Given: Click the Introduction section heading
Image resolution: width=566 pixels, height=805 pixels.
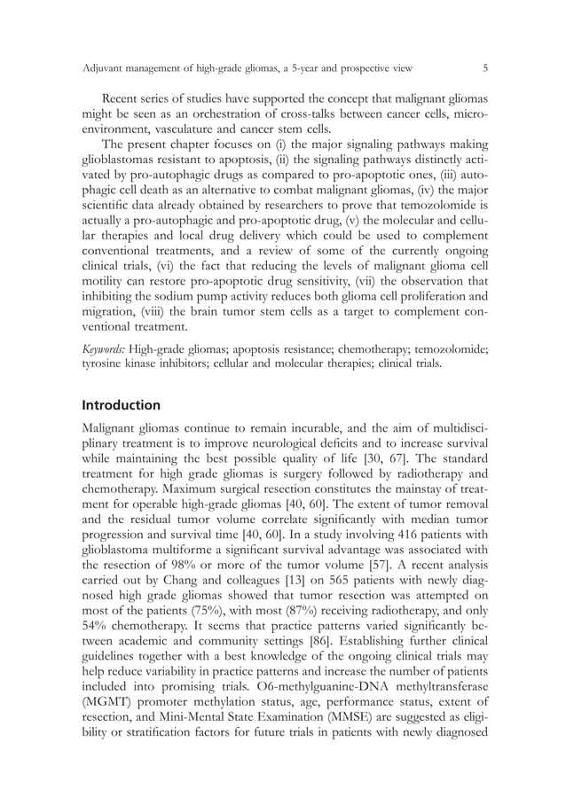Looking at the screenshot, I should [x=121, y=405].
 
